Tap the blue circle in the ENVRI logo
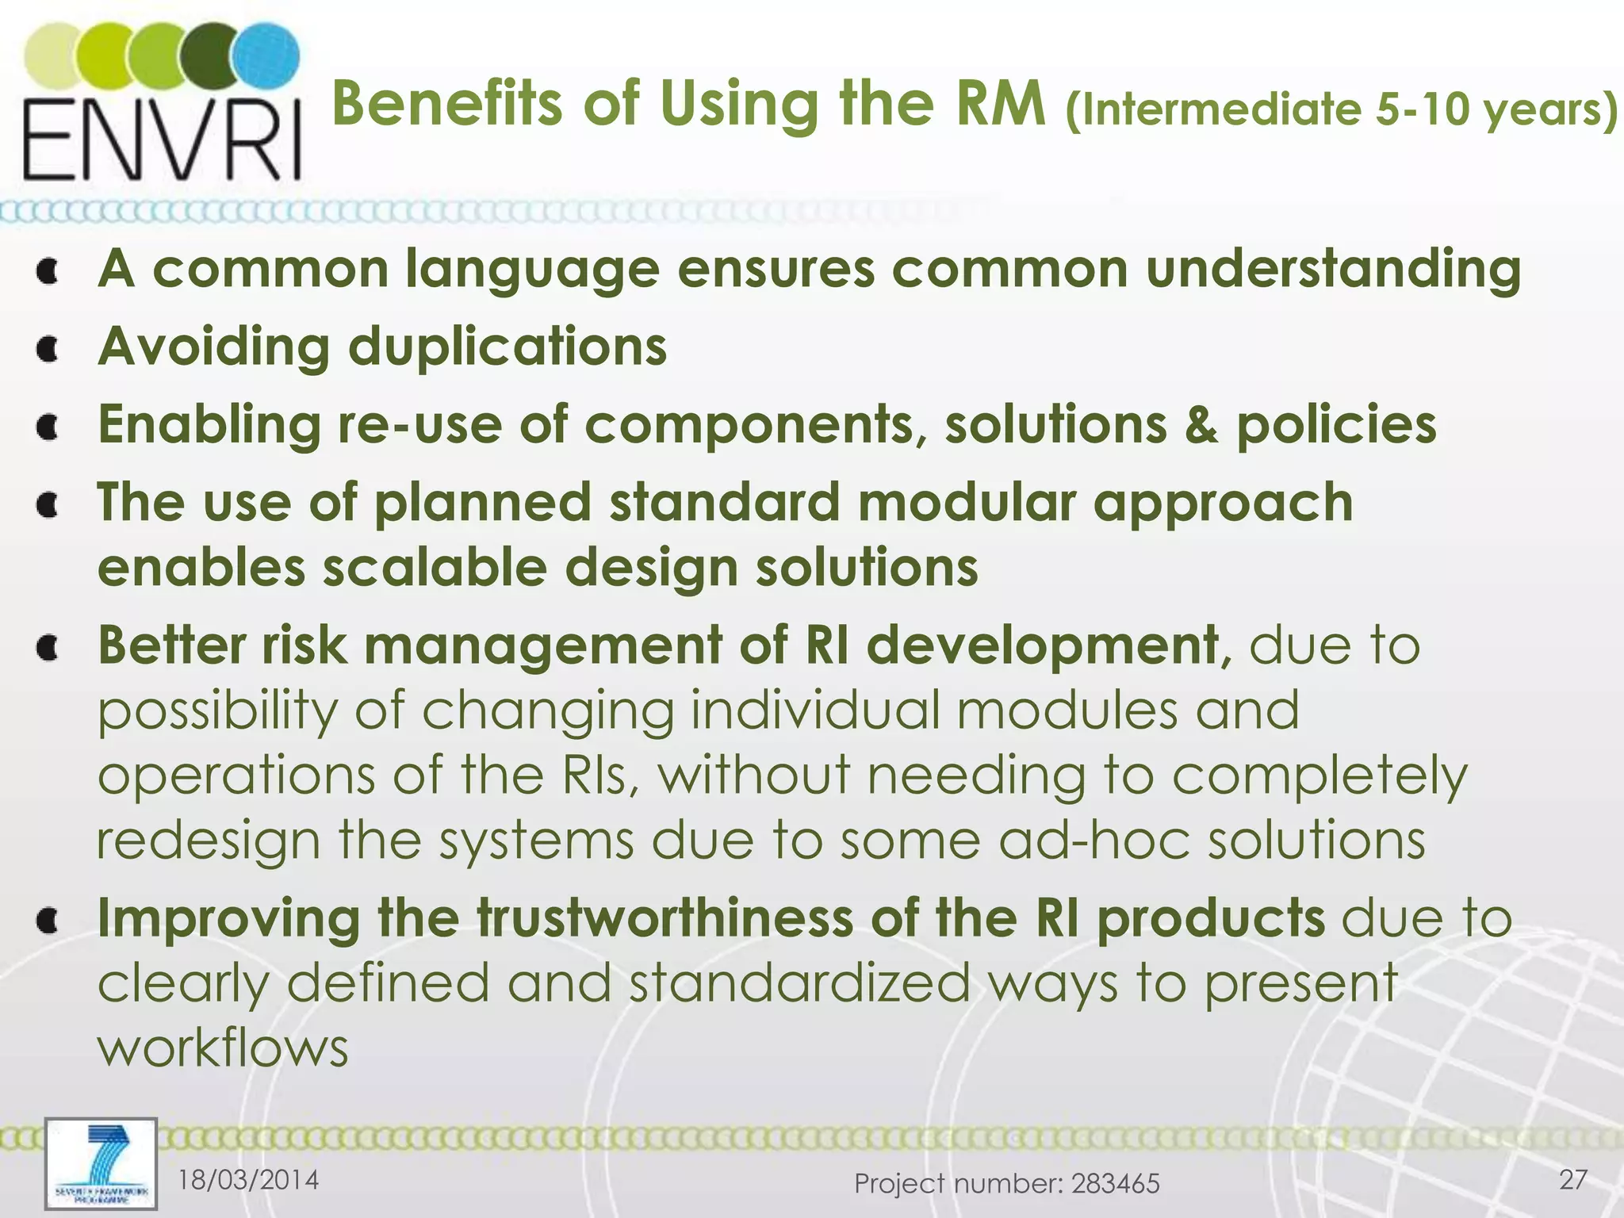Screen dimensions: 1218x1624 (x=270, y=56)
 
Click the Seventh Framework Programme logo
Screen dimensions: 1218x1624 (x=101, y=1163)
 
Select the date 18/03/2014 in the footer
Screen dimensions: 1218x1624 (x=248, y=1180)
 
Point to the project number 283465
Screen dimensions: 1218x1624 (x=1115, y=1184)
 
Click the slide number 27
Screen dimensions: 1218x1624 (x=1572, y=1180)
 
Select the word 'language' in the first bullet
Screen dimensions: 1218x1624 (x=532, y=270)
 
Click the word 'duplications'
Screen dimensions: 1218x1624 (x=507, y=347)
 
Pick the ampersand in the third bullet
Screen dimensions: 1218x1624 (x=1202, y=425)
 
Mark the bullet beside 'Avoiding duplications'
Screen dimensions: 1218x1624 (x=49, y=349)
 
